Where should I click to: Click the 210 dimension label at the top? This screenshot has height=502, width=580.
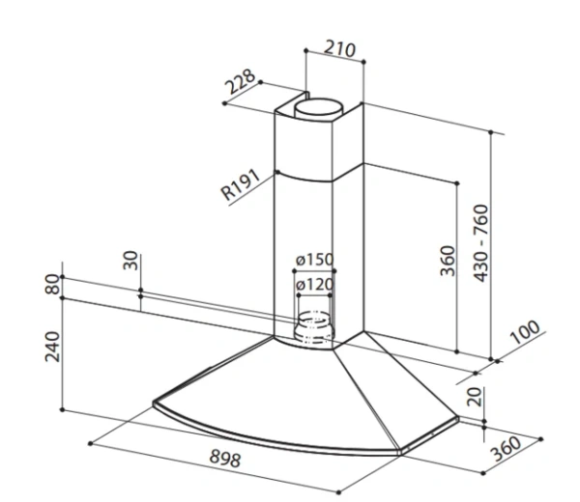(339, 48)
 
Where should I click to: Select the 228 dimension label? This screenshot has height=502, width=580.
(241, 81)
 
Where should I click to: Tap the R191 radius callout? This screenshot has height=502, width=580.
(241, 184)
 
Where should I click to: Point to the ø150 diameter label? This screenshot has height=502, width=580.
(314, 260)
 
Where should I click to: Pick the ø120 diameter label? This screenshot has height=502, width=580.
(315, 285)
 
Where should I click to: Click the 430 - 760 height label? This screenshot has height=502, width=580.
(480, 243)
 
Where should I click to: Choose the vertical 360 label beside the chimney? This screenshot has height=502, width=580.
(448, 261)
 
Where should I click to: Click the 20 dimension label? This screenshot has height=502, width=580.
(475, 397)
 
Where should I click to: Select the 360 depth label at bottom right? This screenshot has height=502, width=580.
(507, 449)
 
